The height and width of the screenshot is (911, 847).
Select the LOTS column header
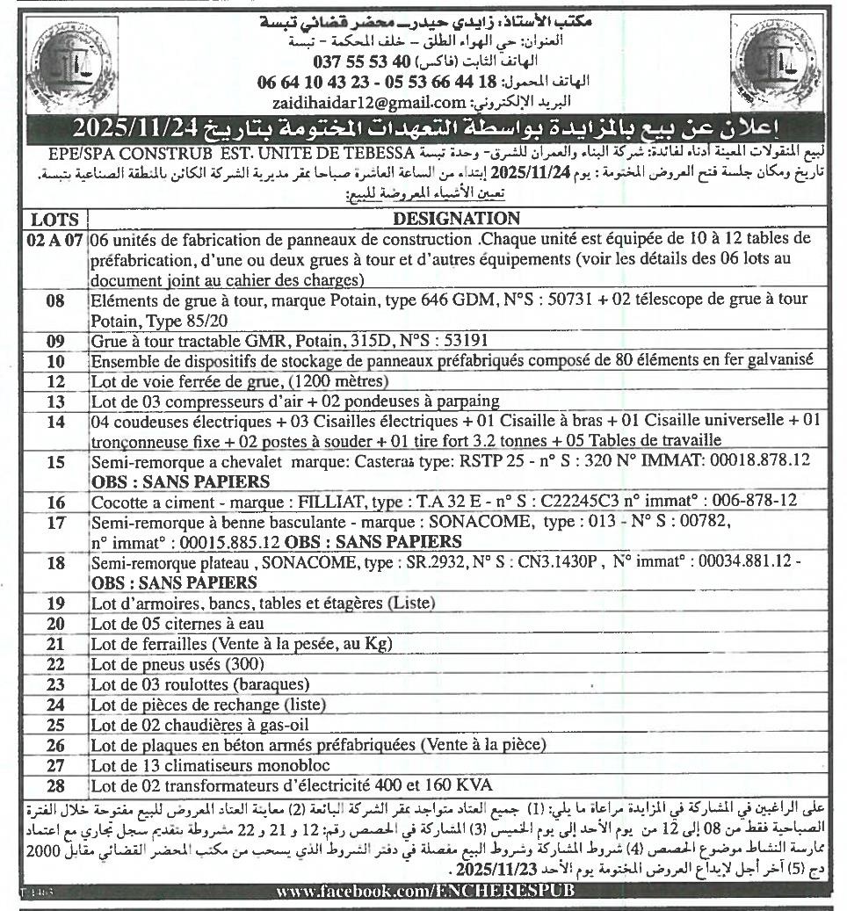coord(54,219)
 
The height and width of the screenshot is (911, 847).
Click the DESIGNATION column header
coord(456,219)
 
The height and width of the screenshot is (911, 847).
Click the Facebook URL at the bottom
coord(426,891)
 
